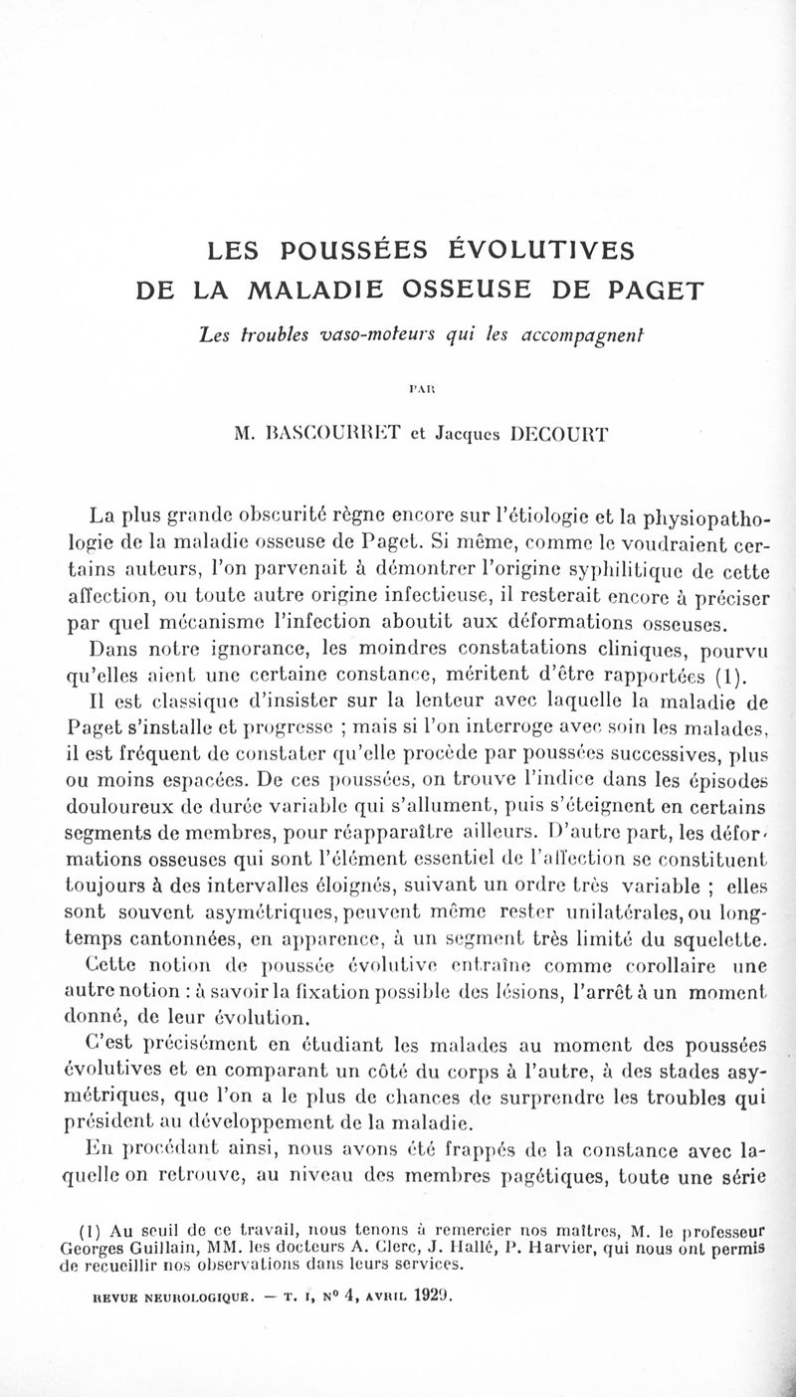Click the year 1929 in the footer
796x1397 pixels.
(426, 1298)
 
